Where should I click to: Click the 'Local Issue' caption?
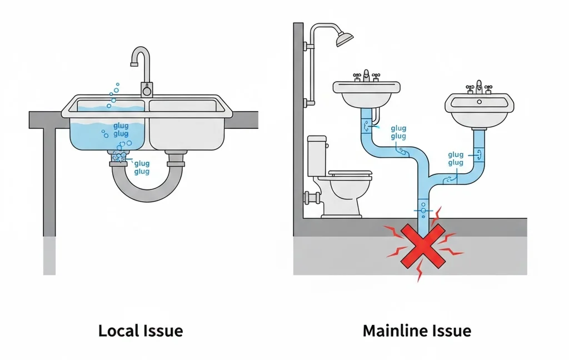click(140, 331)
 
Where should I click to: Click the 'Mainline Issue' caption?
click(416, 331)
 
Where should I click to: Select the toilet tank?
click(317, 155)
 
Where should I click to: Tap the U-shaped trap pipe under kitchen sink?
click(147, 186)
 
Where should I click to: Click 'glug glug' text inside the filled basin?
click(121, 130)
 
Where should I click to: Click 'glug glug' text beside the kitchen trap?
click(142, 168)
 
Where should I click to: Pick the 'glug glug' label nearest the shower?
click(398, 132)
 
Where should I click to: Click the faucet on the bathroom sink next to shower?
click(366, 76)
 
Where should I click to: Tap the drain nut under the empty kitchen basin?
click(176, 161)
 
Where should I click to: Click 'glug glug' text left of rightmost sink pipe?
click(455, 158)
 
